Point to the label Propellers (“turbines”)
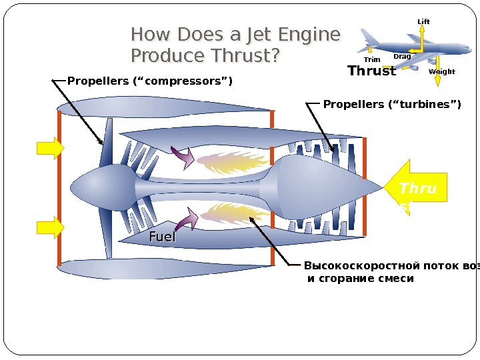click(392, 104)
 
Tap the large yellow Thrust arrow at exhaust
click(415, 189)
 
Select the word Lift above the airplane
click(423, 22)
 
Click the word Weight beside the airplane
click(442, 71)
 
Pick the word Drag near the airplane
click(402, 57)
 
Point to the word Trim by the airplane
click(372, 60)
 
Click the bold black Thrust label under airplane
click(371, 71)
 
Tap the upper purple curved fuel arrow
click(183, 157)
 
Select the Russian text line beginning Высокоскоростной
click(391, 265)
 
